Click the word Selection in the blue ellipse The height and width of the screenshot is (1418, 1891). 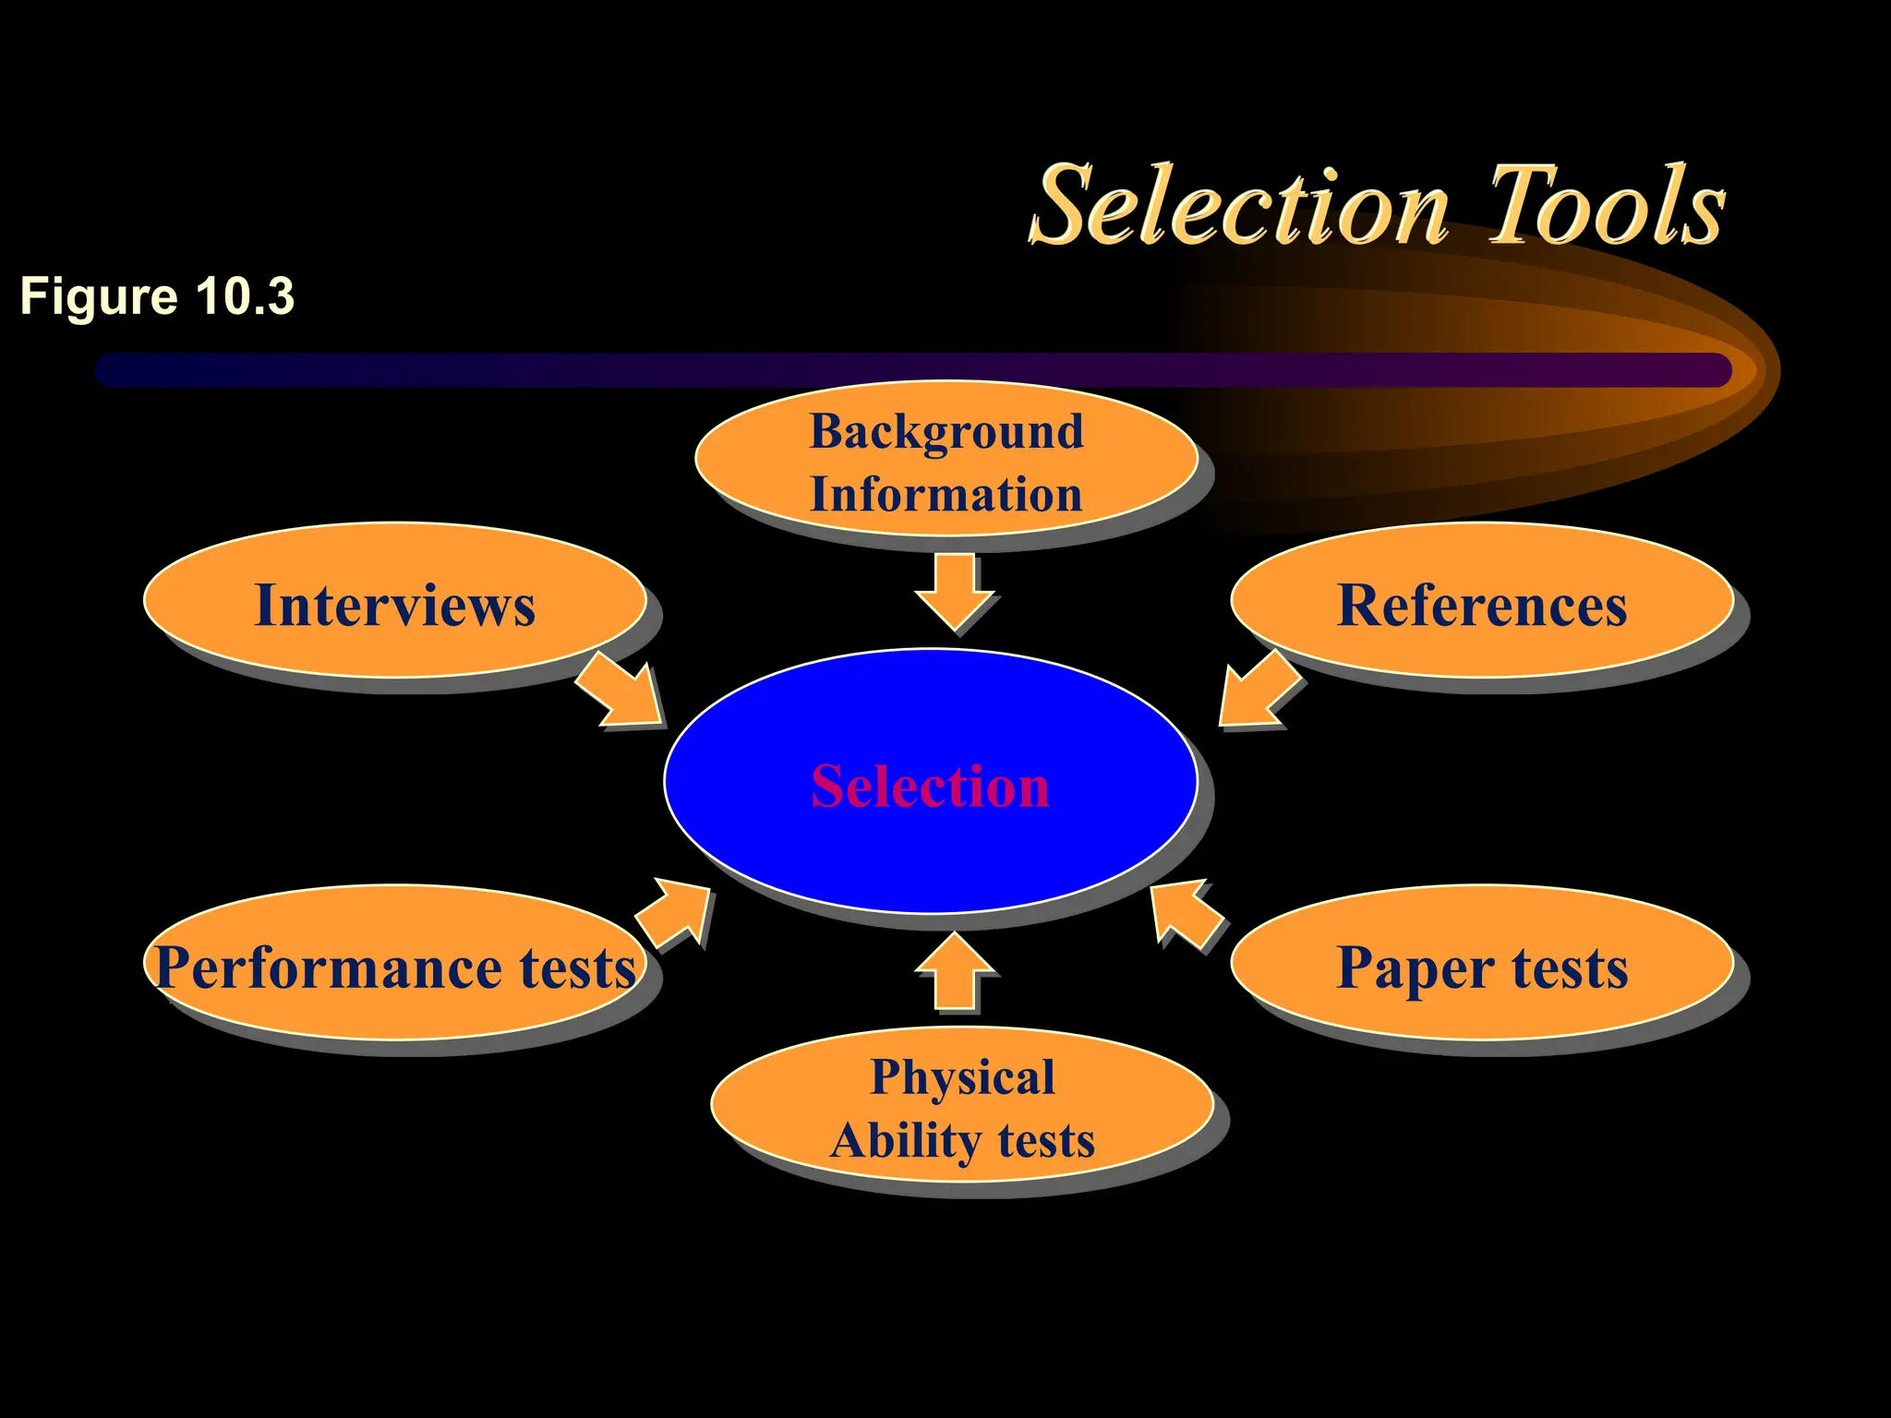pos(930,787)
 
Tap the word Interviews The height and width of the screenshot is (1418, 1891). pos(394,606)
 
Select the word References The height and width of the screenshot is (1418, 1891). pos(1481,606)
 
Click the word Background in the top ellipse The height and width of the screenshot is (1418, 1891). pos(946,432)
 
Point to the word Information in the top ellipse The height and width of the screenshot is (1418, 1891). pos(946,494)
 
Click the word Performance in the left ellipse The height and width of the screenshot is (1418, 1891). pos(329,967)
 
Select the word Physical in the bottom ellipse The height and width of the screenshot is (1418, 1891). pos(962,1077)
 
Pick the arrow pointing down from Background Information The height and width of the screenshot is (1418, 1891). pos(955,592)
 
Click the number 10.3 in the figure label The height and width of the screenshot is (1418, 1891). pos(245,296)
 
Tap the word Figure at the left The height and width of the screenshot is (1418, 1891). pos(99,296)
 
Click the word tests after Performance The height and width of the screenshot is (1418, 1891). pos(577,967)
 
